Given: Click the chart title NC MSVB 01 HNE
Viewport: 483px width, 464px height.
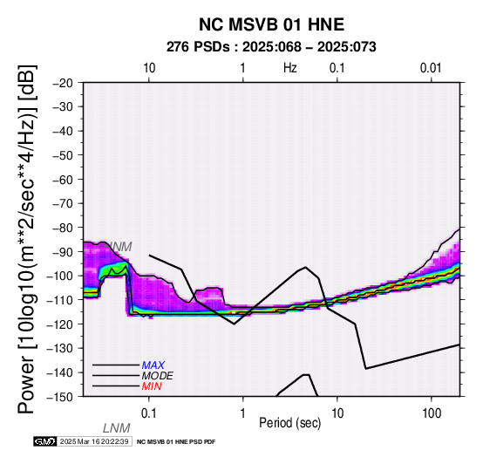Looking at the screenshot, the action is pyautogui.click(x=271, y=24).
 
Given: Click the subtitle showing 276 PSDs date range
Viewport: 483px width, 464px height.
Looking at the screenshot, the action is pyautogui.click(x=271, y=47).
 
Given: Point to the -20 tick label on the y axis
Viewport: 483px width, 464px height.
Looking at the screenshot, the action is pyautogui.click(x=63, y=83).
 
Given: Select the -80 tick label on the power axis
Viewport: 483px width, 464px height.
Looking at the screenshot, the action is pyautogui.click(x=63, y=228).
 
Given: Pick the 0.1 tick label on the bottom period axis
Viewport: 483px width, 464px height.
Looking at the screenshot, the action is pyautogui.click(x=148, y=413).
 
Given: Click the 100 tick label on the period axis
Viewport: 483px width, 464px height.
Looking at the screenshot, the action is pyautogui.click(x=432, y=413).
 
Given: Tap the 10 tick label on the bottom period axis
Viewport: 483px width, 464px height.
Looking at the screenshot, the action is pyautogui.click(x=337, y=413).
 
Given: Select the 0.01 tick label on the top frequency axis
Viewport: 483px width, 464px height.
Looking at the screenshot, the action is pyautogui.click(x=431, y=68).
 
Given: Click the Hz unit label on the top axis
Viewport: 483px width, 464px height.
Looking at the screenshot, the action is pyautogui.click(x=289, y=68).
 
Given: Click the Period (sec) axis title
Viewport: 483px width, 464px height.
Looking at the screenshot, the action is pyautogui.click(x=289, y=423).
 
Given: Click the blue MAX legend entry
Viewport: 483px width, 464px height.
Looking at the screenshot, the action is pyautogui.click(x=153, y=365).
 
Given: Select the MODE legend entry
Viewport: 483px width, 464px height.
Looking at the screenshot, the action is pyautogui.click(x=158, y=376).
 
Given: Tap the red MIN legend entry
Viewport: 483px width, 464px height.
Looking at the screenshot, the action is pyautogui.click(x=152, y=386).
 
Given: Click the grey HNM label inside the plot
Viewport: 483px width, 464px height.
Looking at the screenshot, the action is pyautogui.click(x=118, y=247).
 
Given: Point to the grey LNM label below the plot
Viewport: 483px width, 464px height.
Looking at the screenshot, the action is pyautogui.click(x=117, y=428).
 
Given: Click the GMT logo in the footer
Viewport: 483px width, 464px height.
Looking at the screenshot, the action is pyautogui.click(x=45, y=441).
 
